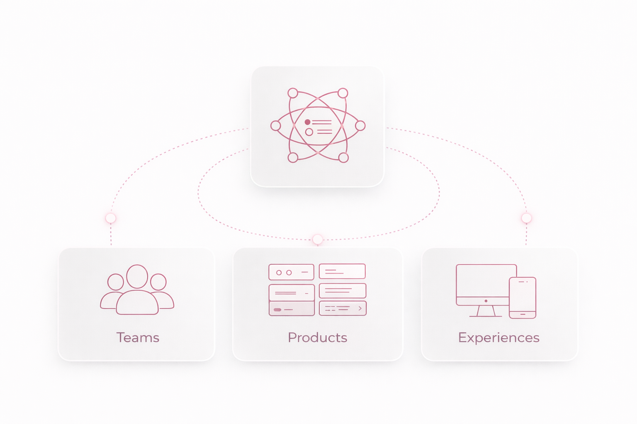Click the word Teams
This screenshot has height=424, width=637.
138,337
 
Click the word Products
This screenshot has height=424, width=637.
317,337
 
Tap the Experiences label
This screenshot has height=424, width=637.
499,337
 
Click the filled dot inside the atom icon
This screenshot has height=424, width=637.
307,122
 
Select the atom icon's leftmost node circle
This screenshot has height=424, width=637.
275,125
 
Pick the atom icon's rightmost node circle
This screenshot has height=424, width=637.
360,125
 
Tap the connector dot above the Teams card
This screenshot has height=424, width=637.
111,218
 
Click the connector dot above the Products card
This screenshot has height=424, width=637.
318,239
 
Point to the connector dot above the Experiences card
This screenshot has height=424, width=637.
526,218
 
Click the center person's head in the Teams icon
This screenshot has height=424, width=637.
137,277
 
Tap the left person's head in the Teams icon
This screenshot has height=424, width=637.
115,282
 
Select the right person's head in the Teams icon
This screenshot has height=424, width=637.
158,282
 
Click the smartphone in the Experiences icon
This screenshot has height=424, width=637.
523,298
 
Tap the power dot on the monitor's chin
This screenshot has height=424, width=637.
486,301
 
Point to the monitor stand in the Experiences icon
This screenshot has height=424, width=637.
486,311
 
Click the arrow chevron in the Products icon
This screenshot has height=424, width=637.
360,308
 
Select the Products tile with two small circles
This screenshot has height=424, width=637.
291,272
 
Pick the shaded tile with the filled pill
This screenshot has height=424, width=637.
292,309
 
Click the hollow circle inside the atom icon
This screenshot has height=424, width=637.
309,132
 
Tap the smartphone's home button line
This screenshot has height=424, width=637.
523,315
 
